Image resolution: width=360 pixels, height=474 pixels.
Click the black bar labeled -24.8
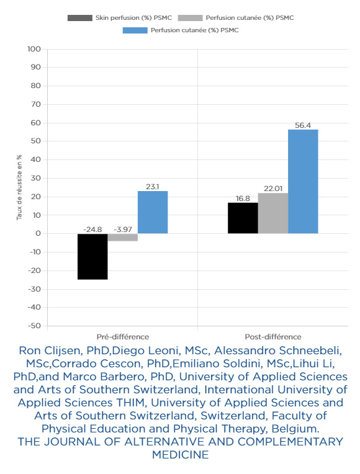point(92,256)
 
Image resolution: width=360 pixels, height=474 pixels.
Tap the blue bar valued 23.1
point(153,212)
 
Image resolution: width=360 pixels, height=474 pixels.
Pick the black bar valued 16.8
point(243,218)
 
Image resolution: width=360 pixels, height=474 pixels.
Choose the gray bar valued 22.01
point(273,213)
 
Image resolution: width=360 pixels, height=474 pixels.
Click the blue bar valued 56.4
point(303,181)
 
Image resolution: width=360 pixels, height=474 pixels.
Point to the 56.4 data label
point(303,125)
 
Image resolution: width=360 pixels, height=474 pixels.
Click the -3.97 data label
point(123,230)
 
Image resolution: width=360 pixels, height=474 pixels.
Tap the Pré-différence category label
point(123,337)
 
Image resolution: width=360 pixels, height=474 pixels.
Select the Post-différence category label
point(273,337)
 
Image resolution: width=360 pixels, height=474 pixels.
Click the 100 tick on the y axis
point(34,49)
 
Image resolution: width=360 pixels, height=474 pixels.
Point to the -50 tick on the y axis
point(34,326)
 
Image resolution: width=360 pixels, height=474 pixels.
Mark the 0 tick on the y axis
point(38,233)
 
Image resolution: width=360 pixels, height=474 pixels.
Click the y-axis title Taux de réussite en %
point(19,187)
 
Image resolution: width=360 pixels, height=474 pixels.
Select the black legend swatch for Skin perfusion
point(80,18)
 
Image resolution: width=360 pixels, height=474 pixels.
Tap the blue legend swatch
point(135,30)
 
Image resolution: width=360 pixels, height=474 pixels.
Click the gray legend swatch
point(191,18)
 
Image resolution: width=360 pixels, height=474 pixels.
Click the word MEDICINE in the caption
point(180,455)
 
